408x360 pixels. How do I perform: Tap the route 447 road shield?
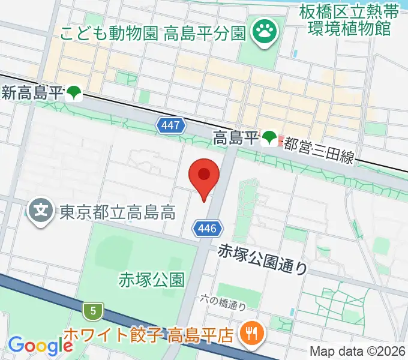click(170, 125)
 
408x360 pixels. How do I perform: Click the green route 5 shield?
click(92, 310)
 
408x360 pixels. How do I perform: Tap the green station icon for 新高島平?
click(74, 93)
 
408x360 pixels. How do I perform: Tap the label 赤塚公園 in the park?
click(151, 280)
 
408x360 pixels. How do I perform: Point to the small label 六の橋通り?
click(223, 302)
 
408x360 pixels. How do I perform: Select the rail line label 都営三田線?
click(319, 149)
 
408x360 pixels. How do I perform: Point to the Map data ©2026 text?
click(356, 352)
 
